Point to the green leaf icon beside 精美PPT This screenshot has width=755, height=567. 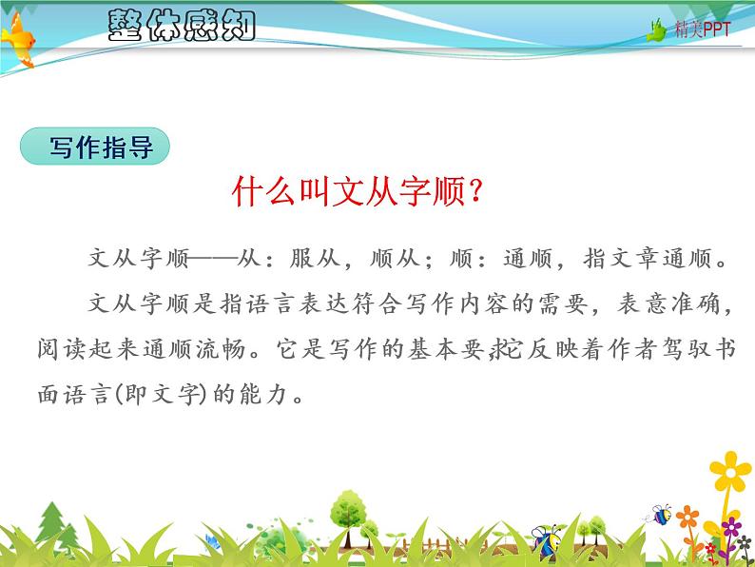click(x=657, y=30)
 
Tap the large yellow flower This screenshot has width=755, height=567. click(x=730, y=473)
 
